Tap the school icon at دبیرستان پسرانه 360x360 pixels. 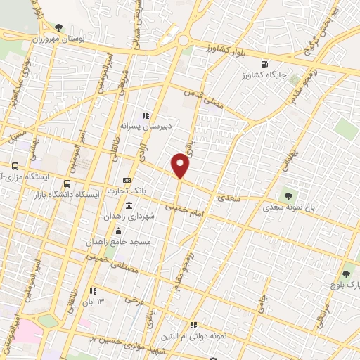tap(146, 115)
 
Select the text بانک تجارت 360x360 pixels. tap(149, 192)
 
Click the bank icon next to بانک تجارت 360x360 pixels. tap(127, 180)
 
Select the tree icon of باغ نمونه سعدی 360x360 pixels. tap(288, 195)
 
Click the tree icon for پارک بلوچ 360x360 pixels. tap(345, 274)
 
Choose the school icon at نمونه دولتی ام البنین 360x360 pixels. tap(194, 324)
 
